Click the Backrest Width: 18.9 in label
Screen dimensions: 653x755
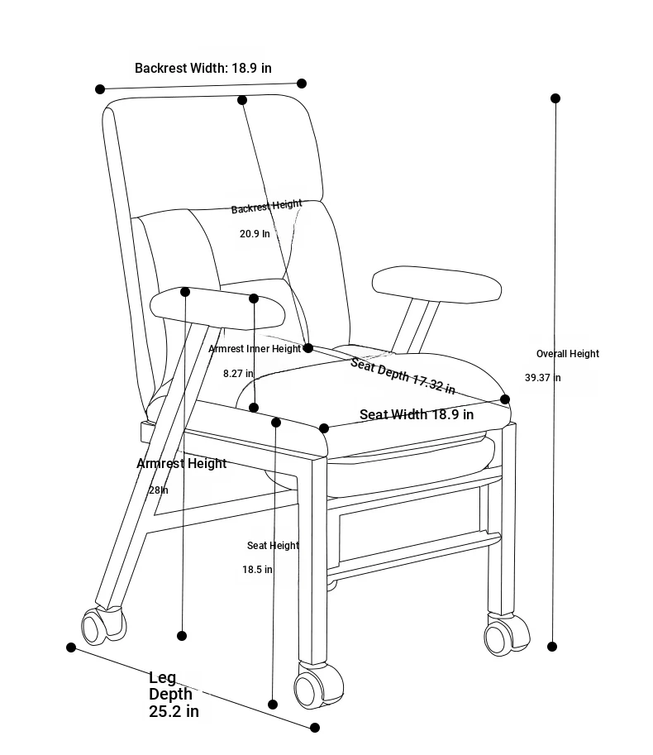[203, 68]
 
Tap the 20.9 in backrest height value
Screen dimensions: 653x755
[255, 233]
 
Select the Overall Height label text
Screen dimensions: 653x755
[568, 354]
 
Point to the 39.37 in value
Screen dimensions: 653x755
[543, 377]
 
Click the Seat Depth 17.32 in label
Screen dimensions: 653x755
[403, 376]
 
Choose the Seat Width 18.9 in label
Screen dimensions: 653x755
[417, 414]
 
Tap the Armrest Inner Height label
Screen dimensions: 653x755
[255, 349]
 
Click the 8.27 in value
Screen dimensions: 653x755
[238, 373]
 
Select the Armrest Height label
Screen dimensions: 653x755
[181, 463]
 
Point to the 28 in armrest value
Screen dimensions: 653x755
[159, 490]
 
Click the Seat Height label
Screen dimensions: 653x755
[273, 546]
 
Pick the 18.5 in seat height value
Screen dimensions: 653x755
[257, 570]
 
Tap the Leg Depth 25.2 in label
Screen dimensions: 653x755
[174, 695]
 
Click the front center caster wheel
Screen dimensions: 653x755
[317, 686]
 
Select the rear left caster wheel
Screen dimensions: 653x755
[103, 625]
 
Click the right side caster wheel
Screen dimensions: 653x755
[506, 634]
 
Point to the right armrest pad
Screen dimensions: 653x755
[436, 284]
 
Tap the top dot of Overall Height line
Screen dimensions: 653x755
[555, 98]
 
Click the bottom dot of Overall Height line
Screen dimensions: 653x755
[552, 646]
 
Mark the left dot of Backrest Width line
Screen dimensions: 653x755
[100, 88]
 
